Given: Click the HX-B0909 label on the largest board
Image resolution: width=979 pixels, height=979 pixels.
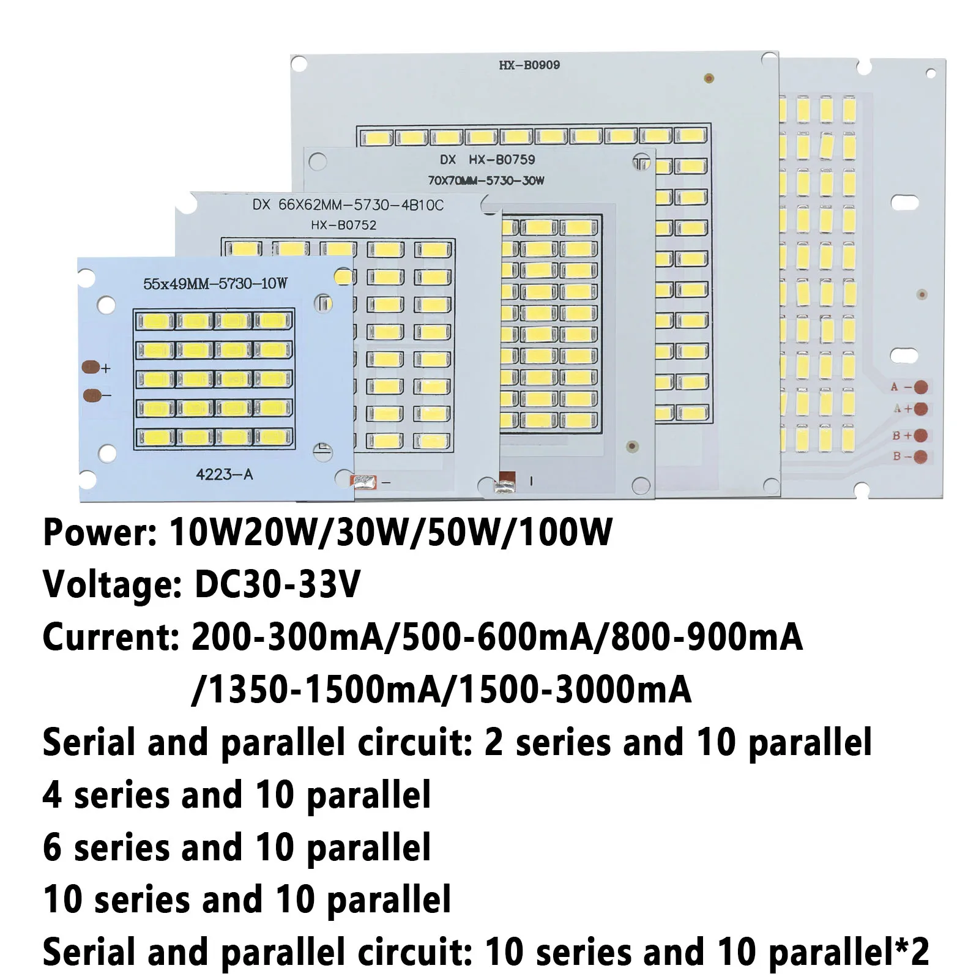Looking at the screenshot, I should point(529,65).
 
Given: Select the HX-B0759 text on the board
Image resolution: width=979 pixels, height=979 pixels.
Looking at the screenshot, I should point(502,160).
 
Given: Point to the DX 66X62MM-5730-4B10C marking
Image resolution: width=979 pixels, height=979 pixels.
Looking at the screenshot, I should point(348,205).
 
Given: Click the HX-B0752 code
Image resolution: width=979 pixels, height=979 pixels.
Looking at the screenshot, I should point(343,225).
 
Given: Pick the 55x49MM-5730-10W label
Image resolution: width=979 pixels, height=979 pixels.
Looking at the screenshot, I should point(215,283).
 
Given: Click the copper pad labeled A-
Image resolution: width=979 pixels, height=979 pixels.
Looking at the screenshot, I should point(920,387).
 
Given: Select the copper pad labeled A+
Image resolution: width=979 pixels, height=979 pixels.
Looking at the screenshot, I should point(920,409).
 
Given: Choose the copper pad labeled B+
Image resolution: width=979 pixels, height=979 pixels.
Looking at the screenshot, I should point(920,436).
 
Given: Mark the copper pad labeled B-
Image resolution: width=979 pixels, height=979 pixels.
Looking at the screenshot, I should point(920,456).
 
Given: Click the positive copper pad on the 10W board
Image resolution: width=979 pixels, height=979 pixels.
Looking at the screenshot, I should point(91,368).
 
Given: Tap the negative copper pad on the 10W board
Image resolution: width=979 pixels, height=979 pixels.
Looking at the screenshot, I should point(91,395).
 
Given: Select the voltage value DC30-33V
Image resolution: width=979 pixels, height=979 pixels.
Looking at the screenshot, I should point(277,584).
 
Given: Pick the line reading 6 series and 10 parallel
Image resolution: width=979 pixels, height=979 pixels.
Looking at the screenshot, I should point(237,847).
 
